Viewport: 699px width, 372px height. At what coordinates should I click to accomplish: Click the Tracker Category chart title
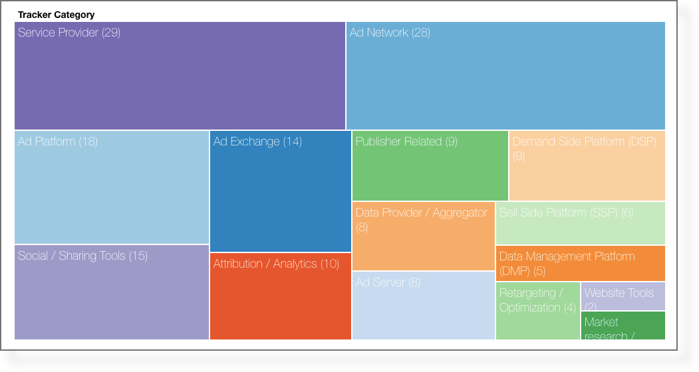pyautogui.click(x=56, y=15)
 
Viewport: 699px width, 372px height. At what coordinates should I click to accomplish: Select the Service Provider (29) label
pyautogui.click(x=69, y=33)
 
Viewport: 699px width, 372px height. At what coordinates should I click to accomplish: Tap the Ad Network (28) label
pyautogui.click(x=390, y=33)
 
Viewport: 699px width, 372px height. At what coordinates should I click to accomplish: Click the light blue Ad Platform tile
pyautogui.click(x=112, y=193)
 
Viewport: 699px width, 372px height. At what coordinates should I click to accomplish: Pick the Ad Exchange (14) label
pyautogui.click(x=257, y=141)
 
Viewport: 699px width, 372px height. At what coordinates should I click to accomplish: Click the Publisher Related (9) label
pyautogui.click(x=406, y=141)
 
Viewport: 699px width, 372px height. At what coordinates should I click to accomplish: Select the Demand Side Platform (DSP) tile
pyautogui.click(x=587, y=173)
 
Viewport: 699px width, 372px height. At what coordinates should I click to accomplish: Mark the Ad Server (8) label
pyautogui.click(x=388, y=282)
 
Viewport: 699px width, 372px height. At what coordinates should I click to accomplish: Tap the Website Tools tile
pyautogui.click(x=623, y=296)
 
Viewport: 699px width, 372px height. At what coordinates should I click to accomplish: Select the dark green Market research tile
pyautogui.click(x=623, y=325)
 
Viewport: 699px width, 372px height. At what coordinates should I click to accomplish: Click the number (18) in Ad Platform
pyautogui.click(x=88, y=141)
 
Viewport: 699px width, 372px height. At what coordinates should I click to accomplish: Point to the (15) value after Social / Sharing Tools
pyautogui.click(x=138, y=256)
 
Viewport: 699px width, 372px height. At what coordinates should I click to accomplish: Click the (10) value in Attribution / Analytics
pyautogui.click(x=330, y=264)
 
